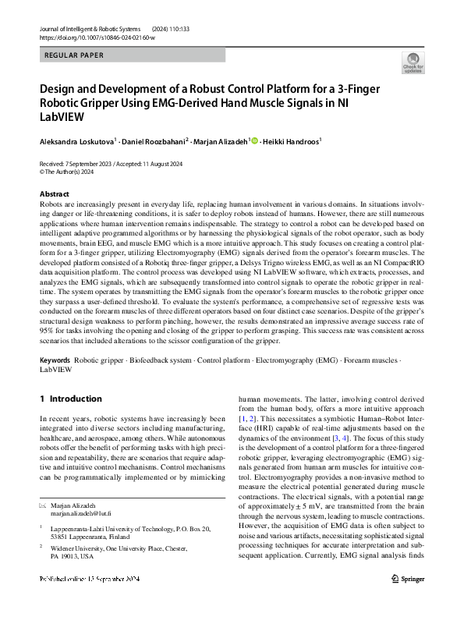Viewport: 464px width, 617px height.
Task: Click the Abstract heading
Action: pos(55,194)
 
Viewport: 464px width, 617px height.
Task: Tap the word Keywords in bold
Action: pos(55,361)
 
